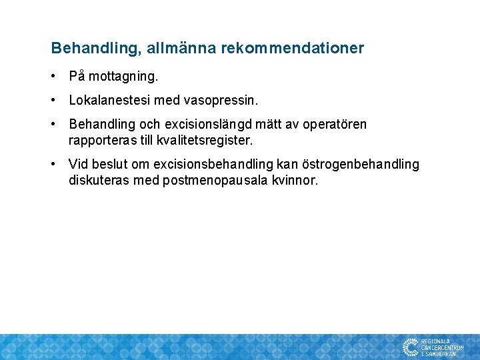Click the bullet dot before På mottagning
pos(54,77)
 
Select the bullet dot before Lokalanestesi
pos(54,101)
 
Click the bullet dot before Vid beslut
pos(54,165)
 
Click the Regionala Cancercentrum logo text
pos(442,347)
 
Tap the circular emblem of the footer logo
pos(410,347)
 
